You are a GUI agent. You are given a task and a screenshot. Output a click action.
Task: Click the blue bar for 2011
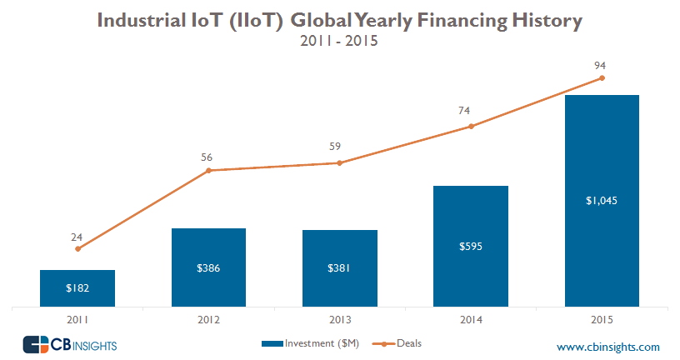tap(77, 288)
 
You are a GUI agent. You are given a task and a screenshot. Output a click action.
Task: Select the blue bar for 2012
tap(208, 267)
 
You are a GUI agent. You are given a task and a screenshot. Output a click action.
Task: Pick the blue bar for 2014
tap(471, 246)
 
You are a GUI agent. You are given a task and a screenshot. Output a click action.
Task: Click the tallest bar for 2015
tap(602, 200)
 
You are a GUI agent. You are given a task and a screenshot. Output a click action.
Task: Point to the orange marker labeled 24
tap(77, 248)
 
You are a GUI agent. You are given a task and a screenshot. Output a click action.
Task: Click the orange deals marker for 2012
tap(208, 171)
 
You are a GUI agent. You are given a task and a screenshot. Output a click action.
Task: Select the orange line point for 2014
tap(471, 127)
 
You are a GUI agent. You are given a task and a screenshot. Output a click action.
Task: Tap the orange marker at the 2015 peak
tap(602, 78)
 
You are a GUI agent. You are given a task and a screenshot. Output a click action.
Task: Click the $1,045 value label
tap(602, 200)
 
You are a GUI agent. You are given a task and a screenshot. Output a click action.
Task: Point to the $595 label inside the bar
tap(471, 246)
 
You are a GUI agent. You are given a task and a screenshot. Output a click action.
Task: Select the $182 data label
tap(77, 288)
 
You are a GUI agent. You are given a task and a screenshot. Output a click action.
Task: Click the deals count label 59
tap(340, 147)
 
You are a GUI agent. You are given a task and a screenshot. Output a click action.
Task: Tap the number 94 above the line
tap(602, 62)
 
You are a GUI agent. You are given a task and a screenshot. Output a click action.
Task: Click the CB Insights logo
tap(69, 344)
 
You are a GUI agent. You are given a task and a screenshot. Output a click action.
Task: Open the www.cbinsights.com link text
tap(607, 347)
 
